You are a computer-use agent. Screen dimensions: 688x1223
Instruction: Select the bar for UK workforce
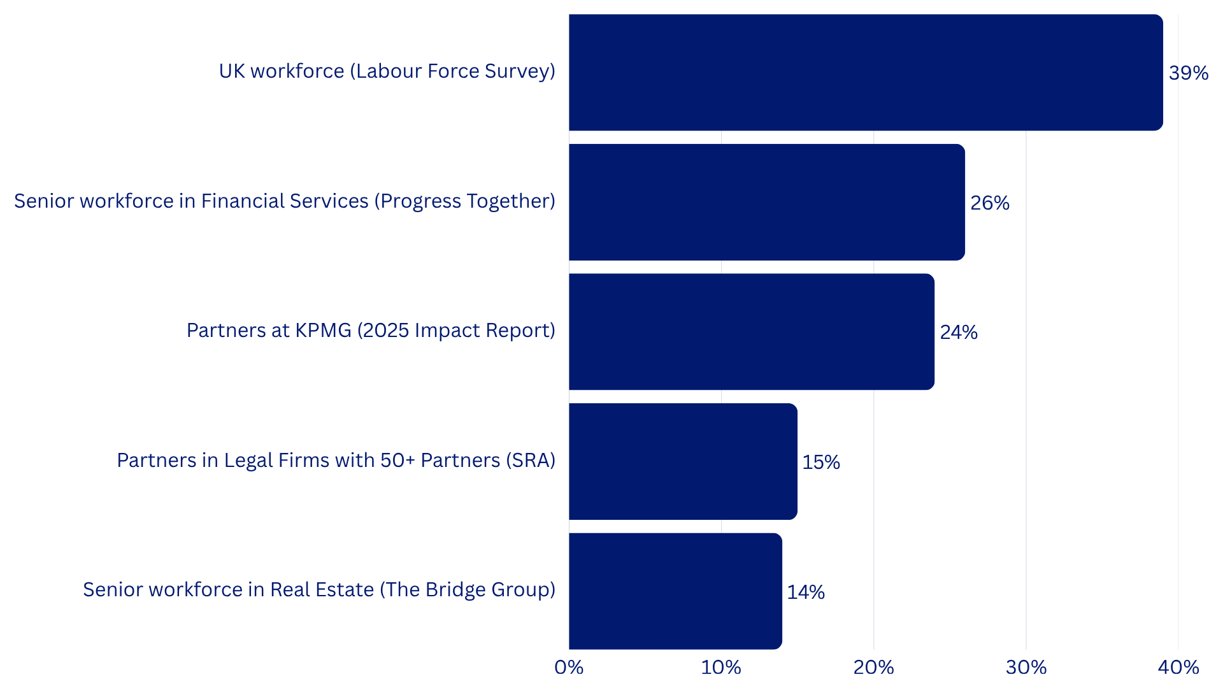pyautogui.click(x=866, y=73)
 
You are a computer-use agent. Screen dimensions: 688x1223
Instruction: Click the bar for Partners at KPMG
pyautogui.click(x=752, y=332)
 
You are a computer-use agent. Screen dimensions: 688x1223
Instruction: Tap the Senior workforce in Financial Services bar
pyautogui.click(x=767, y=202)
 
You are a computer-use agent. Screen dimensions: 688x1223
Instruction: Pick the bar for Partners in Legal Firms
pyautogui.click(x=683, y=461)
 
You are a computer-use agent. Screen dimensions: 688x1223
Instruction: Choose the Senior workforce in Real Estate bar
pyautogui.click(x=675, y=591)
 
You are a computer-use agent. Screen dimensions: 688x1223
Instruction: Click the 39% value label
pyautogui.click(x=1188, y=73)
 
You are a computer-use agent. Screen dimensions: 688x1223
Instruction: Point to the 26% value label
pyautogui.click(x=989, y=203)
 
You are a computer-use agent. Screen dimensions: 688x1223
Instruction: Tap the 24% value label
pyautogui.click(x=958, y=333)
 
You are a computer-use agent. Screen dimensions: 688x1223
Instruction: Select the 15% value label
pyautogui.click(x=820, y=462)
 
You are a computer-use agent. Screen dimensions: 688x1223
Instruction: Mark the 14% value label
pyautogui.click(x=805, y=592)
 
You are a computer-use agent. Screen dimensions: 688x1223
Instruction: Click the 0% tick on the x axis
pyautogui.click(x=569, y=668)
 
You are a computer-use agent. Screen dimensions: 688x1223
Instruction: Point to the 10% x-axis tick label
pyautogui.click(x=720, y=668)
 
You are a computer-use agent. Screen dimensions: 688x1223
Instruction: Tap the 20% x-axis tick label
pyautogui.click(x=873, y=668)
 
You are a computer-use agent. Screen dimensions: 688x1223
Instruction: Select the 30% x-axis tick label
pyautogui.click(x=1026, y=668)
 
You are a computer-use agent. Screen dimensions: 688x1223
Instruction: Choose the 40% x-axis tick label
pyautogui.click(x=1178, y=668)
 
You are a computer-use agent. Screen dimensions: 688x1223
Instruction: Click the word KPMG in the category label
pyautogui.click(x=322, y=331)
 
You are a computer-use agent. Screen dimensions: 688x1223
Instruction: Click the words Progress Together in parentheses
pyautogui.click(x=464, y=201)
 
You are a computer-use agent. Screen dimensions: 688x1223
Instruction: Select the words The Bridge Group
pyautogui.click(x=467, y=590)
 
